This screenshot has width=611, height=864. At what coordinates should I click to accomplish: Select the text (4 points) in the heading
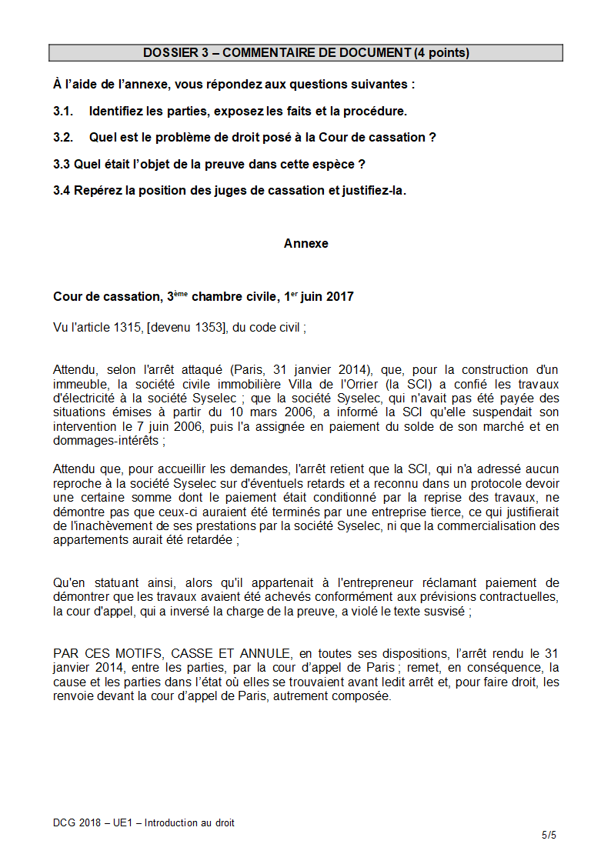click(442, 53)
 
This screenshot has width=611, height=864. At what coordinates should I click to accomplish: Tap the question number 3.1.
click(63, 111)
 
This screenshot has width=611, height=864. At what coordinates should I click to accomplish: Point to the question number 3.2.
click(63, 137)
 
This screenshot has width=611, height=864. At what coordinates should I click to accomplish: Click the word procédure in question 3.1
click(377, 111)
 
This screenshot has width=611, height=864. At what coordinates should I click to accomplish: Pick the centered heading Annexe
click(305, 243)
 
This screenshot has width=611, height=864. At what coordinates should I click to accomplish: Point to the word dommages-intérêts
click(106, 441)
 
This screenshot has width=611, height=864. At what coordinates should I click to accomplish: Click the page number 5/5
click(548, 835)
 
